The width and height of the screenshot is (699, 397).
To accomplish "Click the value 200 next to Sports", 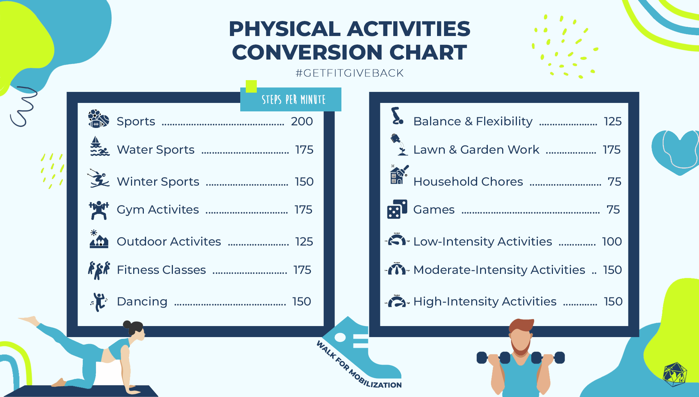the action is [302, 121].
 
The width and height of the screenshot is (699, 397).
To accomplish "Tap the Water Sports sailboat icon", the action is [100, 146].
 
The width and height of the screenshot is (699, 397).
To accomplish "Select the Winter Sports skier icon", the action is [99, 178].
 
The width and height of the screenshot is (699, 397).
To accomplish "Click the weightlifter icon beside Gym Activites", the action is [99, 210].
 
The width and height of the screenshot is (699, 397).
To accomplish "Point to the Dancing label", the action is [142, 302].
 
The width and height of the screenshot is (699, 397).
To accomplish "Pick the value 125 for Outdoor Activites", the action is [304, 242].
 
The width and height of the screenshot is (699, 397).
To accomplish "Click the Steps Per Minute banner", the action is [291, 99].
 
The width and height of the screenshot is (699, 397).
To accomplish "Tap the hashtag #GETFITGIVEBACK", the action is [349, 73].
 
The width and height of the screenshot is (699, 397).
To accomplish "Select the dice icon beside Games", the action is [397, 209].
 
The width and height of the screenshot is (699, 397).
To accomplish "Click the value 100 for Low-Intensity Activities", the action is [612, 242].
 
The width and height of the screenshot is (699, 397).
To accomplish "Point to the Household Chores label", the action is [468, 182].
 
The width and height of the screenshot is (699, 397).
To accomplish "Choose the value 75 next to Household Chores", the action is [614, 182].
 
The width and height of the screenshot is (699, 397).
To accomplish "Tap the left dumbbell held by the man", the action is [493, 358].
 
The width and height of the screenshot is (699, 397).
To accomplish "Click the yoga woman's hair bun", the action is [127, 325].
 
